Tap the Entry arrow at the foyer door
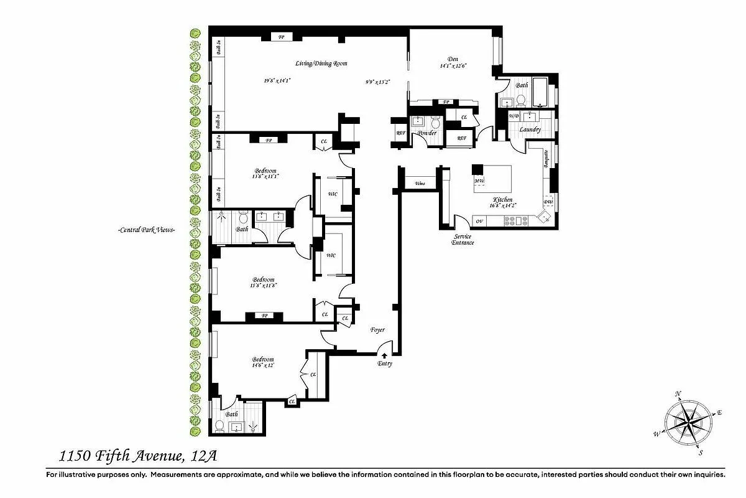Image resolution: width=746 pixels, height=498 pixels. point(384,355)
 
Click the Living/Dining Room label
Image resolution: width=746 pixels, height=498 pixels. point(321,63)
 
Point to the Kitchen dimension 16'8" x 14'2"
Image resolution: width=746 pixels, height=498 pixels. point(503,204)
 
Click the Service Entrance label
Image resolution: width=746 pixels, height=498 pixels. point(463,239)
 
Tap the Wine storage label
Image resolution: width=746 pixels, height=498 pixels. point(420,183)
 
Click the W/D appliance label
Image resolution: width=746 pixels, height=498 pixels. point(513,116)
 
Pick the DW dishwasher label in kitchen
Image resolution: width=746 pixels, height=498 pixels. point(548,202)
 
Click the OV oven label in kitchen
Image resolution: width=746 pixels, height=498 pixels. point(479,220)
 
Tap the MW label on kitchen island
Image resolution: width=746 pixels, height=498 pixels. point(479,181)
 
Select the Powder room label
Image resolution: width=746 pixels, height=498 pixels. point(427,133)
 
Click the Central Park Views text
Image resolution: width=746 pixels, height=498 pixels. point(147,230)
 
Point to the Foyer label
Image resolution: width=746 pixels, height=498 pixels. point(377,329)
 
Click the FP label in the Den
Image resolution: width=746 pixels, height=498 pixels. point(445,101)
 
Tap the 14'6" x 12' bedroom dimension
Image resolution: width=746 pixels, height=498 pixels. point(262,365)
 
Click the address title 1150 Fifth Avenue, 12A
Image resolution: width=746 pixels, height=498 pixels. point(138,456)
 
